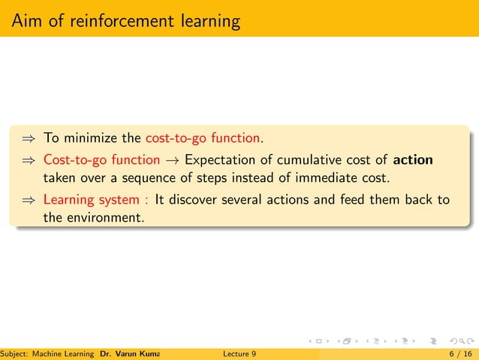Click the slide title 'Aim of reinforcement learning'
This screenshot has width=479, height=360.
[x=125, y=20]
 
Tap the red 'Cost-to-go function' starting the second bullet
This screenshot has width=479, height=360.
[x=101, y=160]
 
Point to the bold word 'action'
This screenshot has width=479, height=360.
[x=413, y=160]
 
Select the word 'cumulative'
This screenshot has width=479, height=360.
[x=303, y=160]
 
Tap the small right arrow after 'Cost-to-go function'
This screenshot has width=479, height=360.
[x=172, y=160]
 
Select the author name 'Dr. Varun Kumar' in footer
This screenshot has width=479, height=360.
[x=131, y=353]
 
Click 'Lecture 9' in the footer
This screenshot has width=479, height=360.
[x=239, y=353]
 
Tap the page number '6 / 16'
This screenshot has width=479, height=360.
[x=458, y=353]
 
